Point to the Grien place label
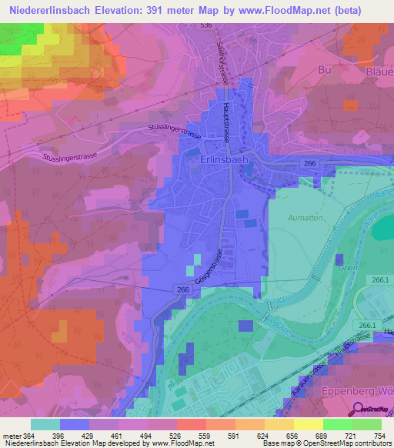click(x=346, y=269)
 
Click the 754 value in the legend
click(x=376, y=435)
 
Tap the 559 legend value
click(x=204, y=435)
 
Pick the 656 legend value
click(x=290, y=435)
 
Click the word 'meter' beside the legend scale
click(x=12, y=435)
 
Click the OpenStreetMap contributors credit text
click(x=342, y=443)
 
